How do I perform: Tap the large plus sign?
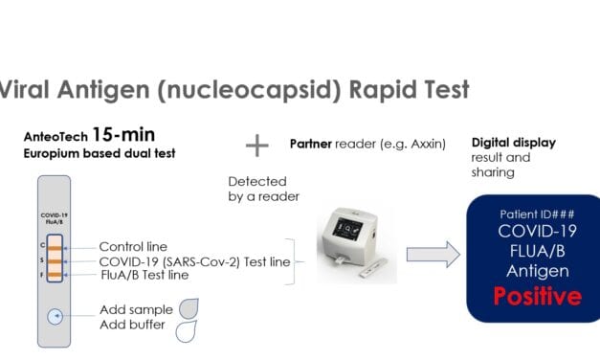pos(256,145)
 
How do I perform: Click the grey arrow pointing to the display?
pos(428,254)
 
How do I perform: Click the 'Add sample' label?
pos(136,310)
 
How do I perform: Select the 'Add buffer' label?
pos(134,326)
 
